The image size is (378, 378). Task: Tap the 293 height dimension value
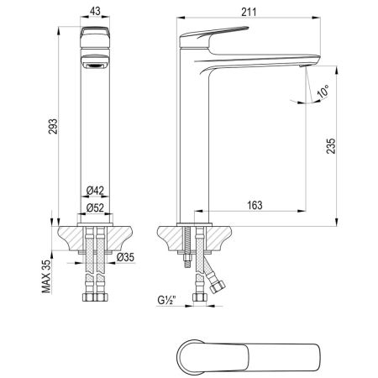coord(55,127)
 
